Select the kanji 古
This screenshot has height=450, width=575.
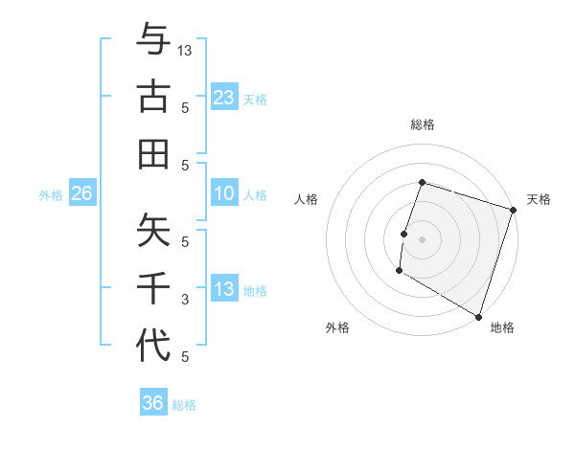coord(153,98)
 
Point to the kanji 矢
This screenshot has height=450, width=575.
coord(153,230)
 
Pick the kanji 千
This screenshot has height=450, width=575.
coord(153,287)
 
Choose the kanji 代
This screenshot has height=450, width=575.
coord(153,344)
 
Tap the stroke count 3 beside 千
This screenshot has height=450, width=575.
coord(185,300)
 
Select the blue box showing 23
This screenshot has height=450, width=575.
coord(224,97)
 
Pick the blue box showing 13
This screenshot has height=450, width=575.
coord(224,289)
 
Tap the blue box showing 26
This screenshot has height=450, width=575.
coord(81,194)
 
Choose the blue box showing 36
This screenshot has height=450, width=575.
coord(153,403)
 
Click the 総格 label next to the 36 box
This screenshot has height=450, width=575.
coord(184,405)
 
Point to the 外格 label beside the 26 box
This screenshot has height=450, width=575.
coord(51,195)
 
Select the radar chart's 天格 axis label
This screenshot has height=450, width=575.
coord(539,199)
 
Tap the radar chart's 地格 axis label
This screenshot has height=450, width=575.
coord(502,327)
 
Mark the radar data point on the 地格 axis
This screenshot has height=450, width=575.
coord(478,315)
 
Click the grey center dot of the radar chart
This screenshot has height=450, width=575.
coord(422,239)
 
